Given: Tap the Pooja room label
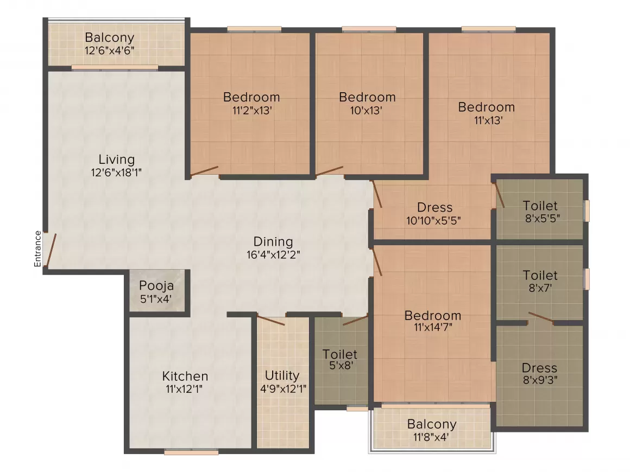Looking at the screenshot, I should pos(156,285).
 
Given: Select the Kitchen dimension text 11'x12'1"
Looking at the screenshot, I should pos(185,388).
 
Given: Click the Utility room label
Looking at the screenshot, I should pos(282,375).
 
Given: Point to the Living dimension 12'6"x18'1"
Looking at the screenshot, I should pos(116,173).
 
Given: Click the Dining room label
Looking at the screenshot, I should pos(273,241).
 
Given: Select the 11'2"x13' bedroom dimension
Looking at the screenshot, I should pos(251,110).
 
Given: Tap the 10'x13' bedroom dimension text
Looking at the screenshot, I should pos(367,110).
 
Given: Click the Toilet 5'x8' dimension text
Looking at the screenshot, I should pos(340,366).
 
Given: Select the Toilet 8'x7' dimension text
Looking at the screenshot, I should pos(540,288).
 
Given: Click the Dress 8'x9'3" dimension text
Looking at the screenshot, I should pos(539,380).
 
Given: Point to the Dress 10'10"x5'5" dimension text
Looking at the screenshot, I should pos(434,220).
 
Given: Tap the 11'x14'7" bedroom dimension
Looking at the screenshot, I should pos(433,328).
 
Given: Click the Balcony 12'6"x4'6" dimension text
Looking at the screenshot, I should pos(109,50).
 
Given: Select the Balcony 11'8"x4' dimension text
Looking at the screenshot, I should pos(432,436).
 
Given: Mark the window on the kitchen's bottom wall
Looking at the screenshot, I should pos(191,451).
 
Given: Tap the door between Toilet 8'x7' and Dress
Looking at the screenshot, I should pos(541,318).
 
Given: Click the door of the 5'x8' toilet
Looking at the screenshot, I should pos(355,320).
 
